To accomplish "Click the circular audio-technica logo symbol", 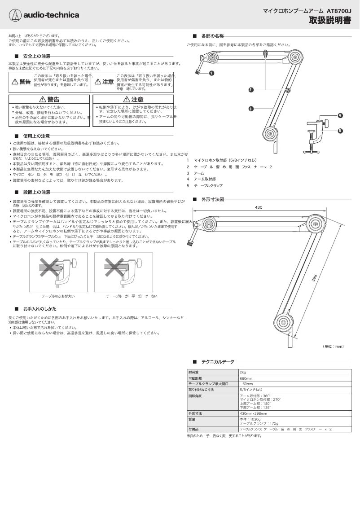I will (15, 15).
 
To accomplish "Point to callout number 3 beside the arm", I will (251, 108).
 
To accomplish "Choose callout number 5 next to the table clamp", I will (340, 131).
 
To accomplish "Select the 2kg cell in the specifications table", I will (243, 372).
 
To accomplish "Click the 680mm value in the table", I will (246, 378).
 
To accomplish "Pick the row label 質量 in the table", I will (192, 419).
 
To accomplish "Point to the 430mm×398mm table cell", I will (253, 413).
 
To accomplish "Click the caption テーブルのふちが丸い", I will (58, 296).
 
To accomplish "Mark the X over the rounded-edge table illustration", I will (47, 268).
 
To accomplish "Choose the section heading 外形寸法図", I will (212, 199).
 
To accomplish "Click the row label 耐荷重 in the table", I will (194, 372).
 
